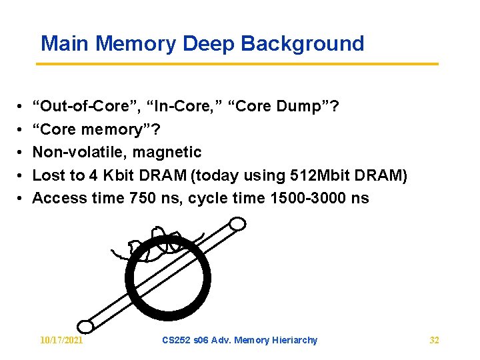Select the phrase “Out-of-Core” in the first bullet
point(85,106)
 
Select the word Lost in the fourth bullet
point(47,175)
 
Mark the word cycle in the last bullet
point(209,198)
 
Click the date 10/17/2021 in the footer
point(61,340)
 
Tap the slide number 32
point(434,340)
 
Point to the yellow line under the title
point(237,64)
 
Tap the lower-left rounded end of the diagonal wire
point(85,326)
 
